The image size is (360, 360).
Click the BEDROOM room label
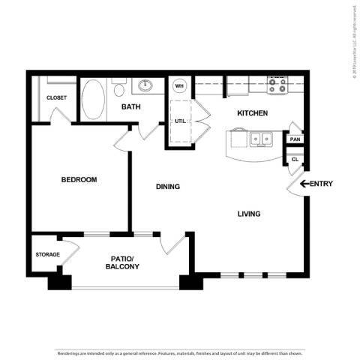coord(79,179)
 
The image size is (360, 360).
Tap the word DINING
coord(167,186)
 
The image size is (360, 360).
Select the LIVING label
coord(249,214)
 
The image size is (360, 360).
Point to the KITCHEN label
coord(252,113)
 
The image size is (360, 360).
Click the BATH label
coord(131,107)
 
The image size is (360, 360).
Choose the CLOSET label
coord(56,97)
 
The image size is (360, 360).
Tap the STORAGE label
coord(47,254)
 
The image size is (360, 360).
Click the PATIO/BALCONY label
coord(121,262)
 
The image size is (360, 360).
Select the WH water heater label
coord(179,85)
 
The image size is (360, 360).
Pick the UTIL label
coord(181,120)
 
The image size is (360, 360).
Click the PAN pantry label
coord(295,139)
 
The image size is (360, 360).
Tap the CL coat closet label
coord(295,159)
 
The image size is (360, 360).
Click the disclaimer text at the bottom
coord(180,352)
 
